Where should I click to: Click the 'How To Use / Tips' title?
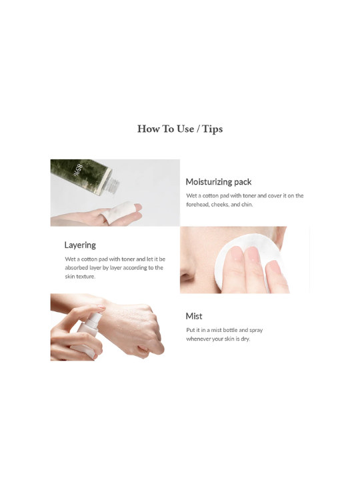coord(180,129)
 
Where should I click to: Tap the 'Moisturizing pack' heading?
coord(219,182)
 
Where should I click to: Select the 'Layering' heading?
coord(80,245)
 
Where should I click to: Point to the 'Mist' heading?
coord(194,316)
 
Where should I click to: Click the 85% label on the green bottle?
coord(78,171)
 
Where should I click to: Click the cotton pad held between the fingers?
coord(117,211)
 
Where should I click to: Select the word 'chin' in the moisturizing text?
coord(247,205)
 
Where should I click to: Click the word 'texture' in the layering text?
coord(86,277)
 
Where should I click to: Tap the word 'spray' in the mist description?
coord(256,330)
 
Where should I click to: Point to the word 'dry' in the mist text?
coord(245,339)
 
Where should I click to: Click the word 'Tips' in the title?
coord(213,129)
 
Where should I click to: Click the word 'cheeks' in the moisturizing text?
coord(219,205)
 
